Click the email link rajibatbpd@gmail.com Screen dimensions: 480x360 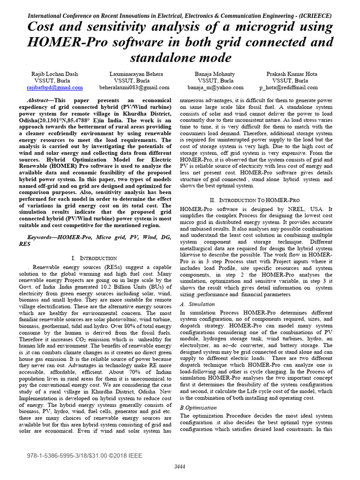(55, 87)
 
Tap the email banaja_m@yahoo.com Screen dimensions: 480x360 (216, 87)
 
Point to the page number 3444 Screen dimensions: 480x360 (180, 466)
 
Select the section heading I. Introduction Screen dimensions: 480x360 (94, 258)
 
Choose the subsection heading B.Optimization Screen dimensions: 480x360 (198, 408)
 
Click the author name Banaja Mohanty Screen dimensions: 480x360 (215, 74)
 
